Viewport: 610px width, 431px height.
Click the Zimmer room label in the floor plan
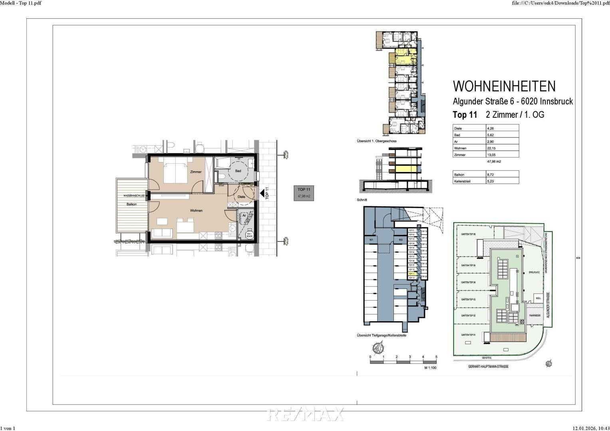[196, 172]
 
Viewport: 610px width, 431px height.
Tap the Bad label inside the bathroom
[238, 171]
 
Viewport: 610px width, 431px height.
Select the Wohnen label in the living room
[196, 210]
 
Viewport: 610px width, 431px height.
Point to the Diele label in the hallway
[241, 197]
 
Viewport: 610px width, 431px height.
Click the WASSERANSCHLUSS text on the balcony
[133, 196]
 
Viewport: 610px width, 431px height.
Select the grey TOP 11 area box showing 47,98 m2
[304, 193]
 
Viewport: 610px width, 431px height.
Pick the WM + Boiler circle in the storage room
[250, 235]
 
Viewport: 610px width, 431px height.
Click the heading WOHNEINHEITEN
[504, 86]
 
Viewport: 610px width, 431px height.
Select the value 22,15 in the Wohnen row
[491, 148]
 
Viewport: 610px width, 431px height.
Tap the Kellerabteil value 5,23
[491, 181]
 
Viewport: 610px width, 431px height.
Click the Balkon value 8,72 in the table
[491, 174]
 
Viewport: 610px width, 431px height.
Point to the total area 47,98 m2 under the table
[494, 162]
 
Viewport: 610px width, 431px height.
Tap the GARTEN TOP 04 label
[468, 282]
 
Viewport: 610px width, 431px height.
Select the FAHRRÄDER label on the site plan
[534, 315]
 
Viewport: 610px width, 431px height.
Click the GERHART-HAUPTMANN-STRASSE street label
[489, 366]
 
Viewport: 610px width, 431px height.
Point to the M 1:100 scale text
[430, 368]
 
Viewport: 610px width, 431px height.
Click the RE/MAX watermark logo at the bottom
[305, 414]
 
